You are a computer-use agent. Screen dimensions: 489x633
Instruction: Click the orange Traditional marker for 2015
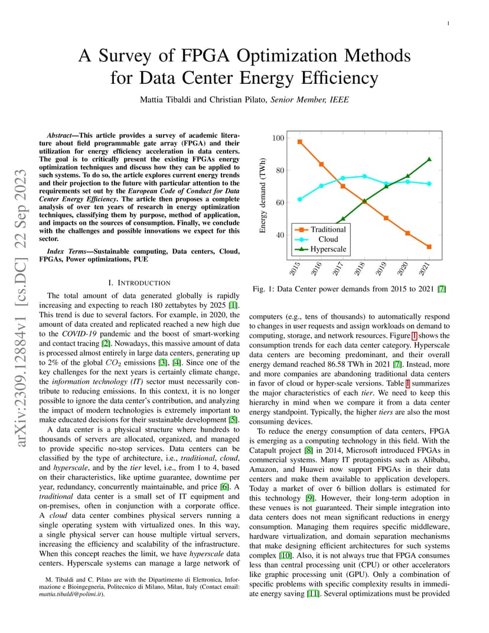point(299,142)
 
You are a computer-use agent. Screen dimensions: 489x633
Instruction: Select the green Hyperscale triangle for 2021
point(429,159)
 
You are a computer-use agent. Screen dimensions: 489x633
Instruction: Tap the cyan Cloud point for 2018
point(364,176)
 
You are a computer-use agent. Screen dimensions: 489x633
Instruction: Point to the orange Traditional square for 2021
point(429,247)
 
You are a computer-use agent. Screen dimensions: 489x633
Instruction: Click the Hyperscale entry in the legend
point(321,249)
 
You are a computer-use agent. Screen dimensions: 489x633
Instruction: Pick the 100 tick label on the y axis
point(278,138)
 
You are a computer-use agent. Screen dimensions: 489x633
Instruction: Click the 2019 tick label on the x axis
point(381,269)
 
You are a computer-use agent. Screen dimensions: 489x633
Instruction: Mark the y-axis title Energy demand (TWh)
point(262,195)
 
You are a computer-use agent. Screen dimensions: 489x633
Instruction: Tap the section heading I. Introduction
point(139,283)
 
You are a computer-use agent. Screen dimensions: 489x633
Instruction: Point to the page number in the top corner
point(448,24)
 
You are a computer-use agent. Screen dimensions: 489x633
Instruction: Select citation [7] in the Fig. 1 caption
point(442,289)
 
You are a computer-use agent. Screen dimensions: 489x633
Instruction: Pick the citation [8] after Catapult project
point(308,451)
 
